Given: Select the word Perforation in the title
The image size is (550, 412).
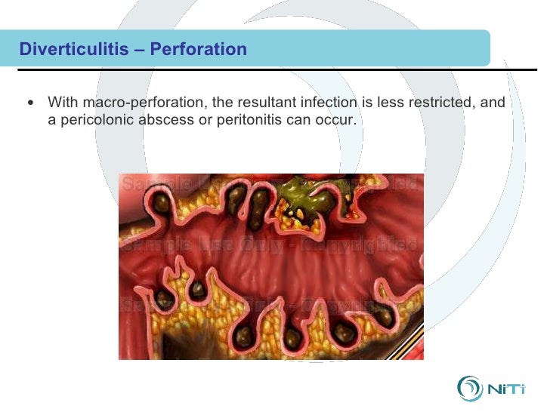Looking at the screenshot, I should (199, 50).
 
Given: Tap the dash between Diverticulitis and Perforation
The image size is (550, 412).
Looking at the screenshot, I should (141, 50).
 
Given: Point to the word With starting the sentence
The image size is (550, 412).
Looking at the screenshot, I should (62, 102).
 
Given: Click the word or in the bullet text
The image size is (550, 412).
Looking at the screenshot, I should (202, 120).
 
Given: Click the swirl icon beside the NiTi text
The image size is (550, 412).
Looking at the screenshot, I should (469, 388).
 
